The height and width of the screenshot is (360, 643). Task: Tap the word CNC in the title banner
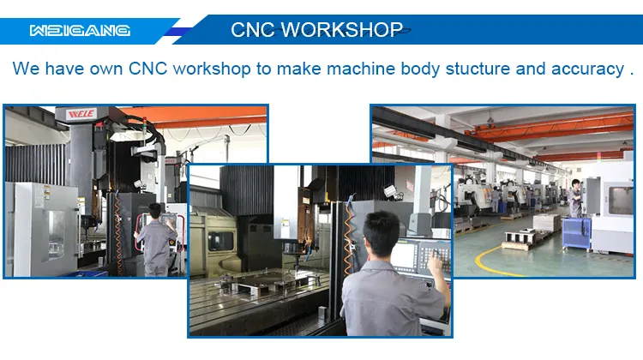(x=254, y=30)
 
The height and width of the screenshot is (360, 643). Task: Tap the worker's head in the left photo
(x=155, y=211)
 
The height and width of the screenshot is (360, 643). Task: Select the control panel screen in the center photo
(x=408, y=254)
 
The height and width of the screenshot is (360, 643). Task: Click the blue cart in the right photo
(x=576, y=230)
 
